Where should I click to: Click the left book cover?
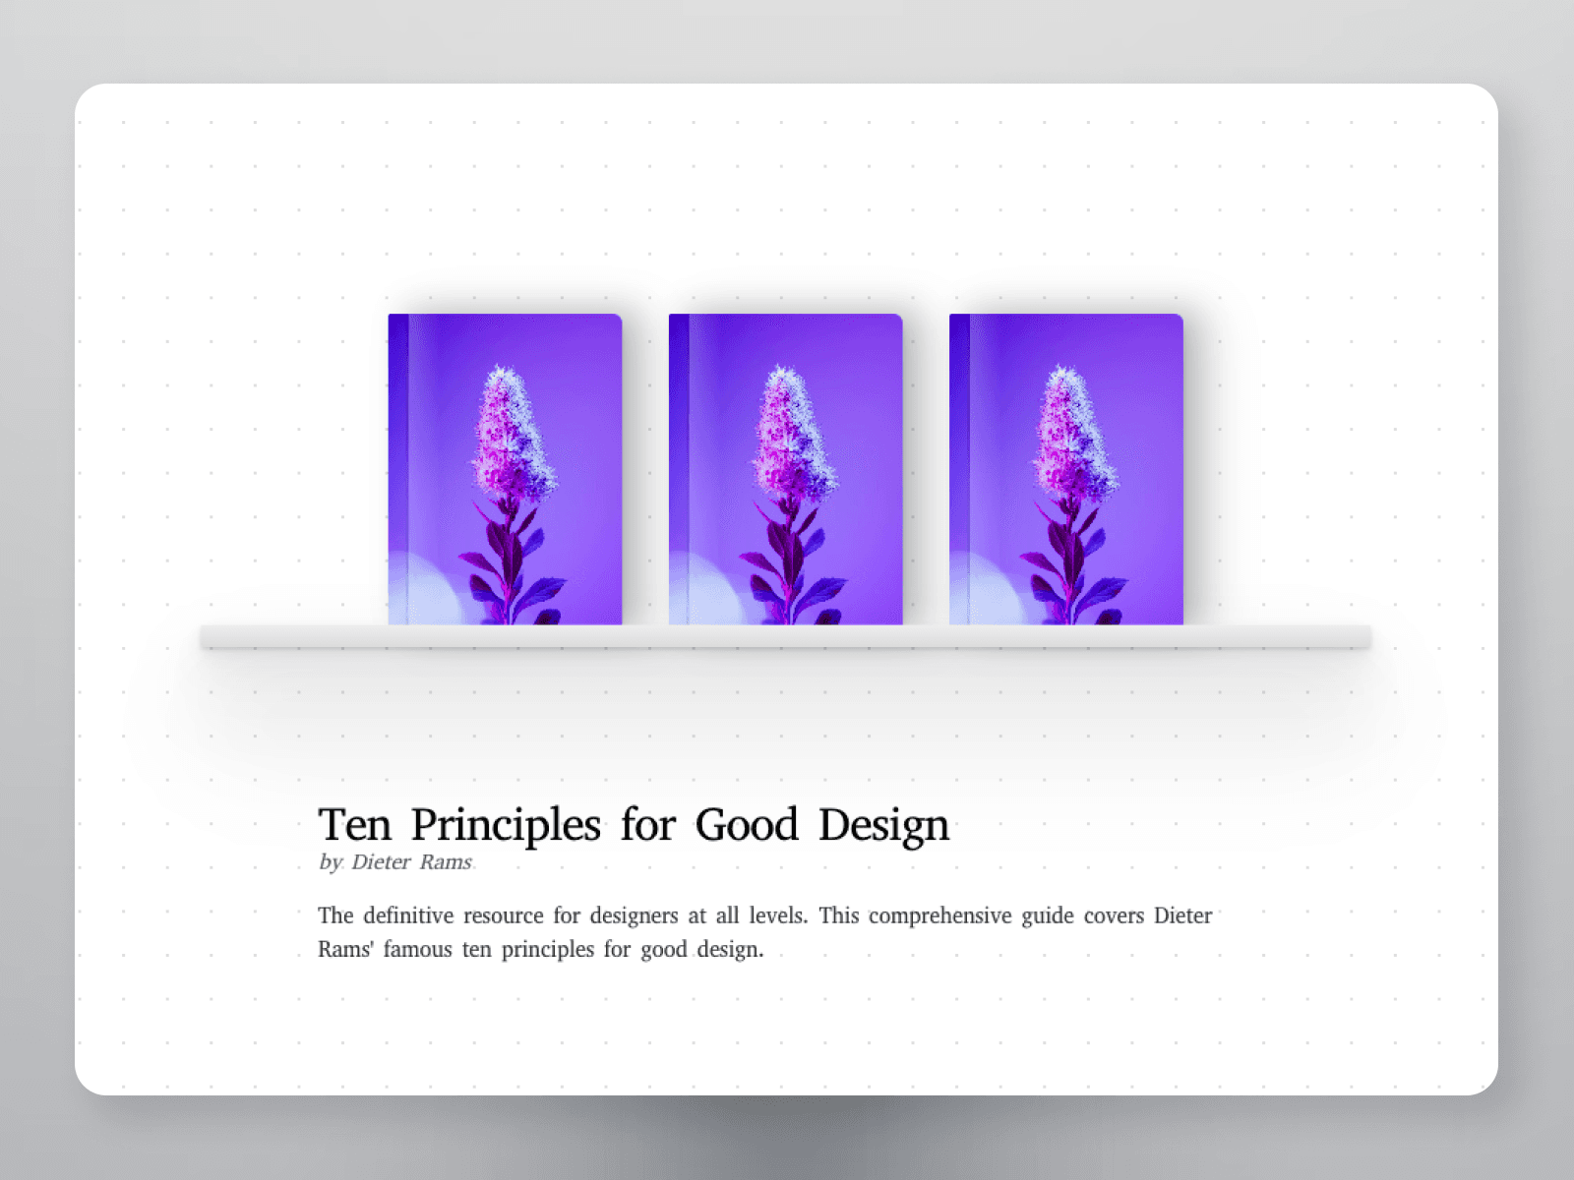[x=505, y=469]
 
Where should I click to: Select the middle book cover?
[x=785, y=469]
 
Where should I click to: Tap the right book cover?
[x=1066, y=469]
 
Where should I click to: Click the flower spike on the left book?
[x=512, y=433]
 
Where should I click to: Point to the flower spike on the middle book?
[x=792, y=433]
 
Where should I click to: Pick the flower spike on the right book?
[x=1073, y=433]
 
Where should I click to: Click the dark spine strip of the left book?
[x=398, y=469]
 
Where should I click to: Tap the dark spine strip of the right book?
[x=959, y=469]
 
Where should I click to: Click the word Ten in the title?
[x=355, y=825]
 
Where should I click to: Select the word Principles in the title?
[x=506, y=827]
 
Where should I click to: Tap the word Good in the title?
[x=747, y=825]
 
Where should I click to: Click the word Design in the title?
[x=884, y=827]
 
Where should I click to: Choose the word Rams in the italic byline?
[x=446, y=862]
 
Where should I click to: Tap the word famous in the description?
[x=417, y=949]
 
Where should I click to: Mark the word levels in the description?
[x=779, y=915]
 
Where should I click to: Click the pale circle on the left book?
[x=426, y=589]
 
